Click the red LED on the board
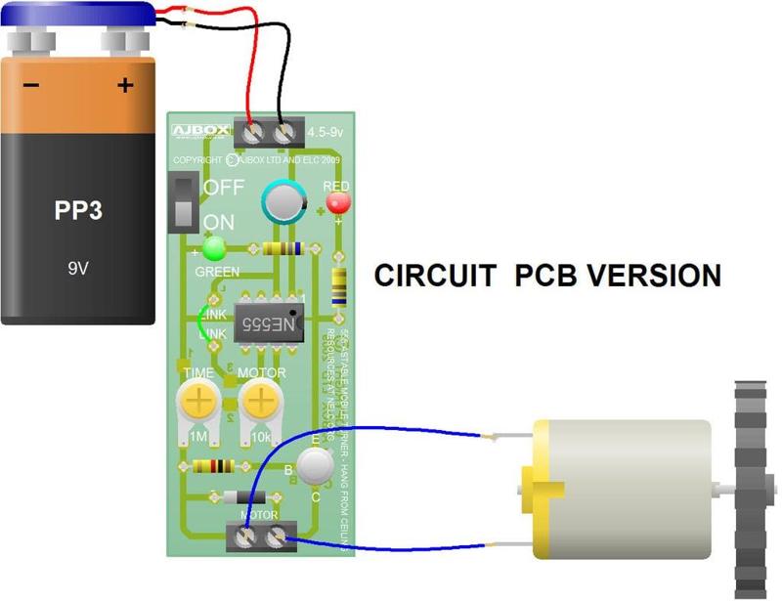pos(338,202)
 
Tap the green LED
pos(213,247)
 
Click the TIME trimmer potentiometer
pos(198,401)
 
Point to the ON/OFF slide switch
pos(183,203)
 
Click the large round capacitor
pos(284,202)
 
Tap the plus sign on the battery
pos(124,86)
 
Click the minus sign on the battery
pos(31,86)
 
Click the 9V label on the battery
pos(77,265)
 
